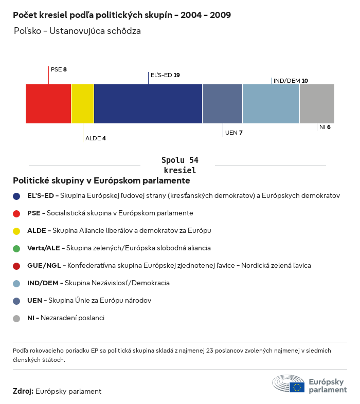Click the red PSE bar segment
pyautogui.click(x=48, y=104)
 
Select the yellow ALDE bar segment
pyautogui.click(x=82, y=104)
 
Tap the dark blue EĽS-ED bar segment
pyautogui.click(x=148, y=104)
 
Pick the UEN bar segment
pyautogui.click(x=222, y=104)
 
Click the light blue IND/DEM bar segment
pyautogui.click(x=271, y=104)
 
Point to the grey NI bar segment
pyautogui.click(x=317, y=104)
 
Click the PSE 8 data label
pyautogui.click(x=59, y=69)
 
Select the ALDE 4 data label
pyautogui.click(x=96, y=138)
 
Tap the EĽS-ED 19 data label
pyautogui.click(x=165, y=75)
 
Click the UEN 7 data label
pyautogui.click(x=234, y=133)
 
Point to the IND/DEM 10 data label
pyautogui.click(x=291, y=81)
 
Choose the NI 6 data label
pyautogui.click(x=325, y=127)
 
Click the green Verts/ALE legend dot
pyautogui.click(x=16, y=248)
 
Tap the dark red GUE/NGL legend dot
pyautogui.click(x=16, y=266)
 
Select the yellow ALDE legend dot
pyautogui.click(x=16, y=231)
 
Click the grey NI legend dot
pyautogui.click(x=16, y=318)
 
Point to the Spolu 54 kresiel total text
pyautogui.click(x=179, y=165)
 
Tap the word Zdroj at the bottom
pyautogui.click(x=23, y=391)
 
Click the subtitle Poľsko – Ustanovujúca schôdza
pyautogui.click(x=78, y=31)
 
